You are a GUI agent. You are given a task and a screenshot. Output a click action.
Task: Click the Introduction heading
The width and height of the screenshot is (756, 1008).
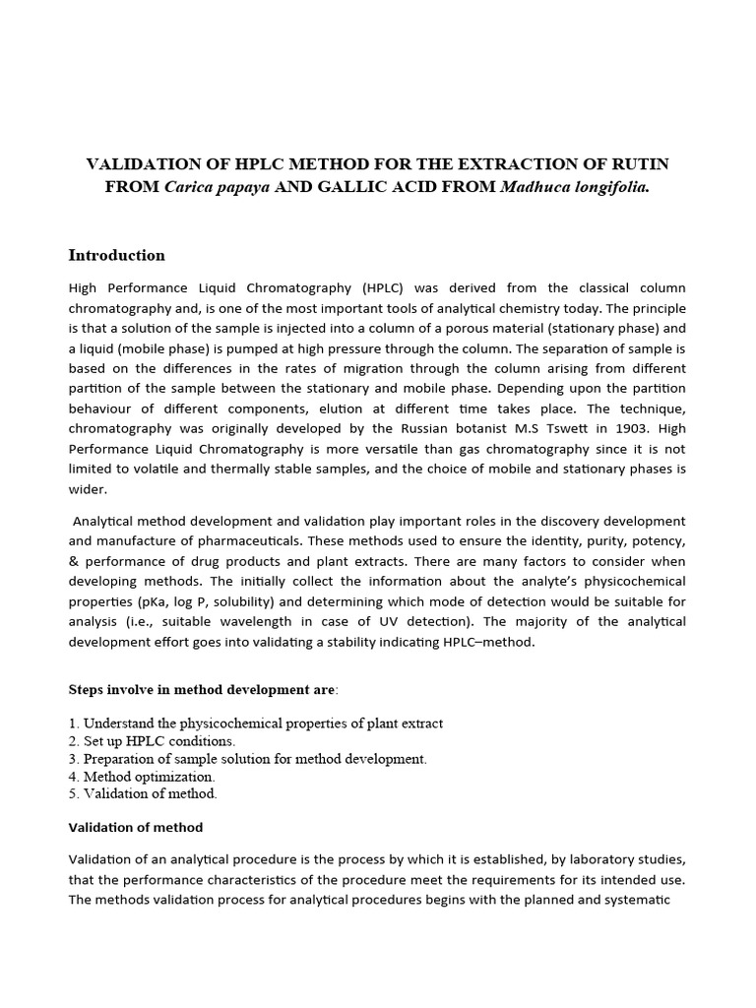(116, 256)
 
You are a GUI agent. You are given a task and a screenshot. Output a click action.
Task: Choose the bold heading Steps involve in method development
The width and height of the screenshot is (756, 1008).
(201, 690)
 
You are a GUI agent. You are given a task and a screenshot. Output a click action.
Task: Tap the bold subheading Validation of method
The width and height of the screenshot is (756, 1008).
(135, 827)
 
